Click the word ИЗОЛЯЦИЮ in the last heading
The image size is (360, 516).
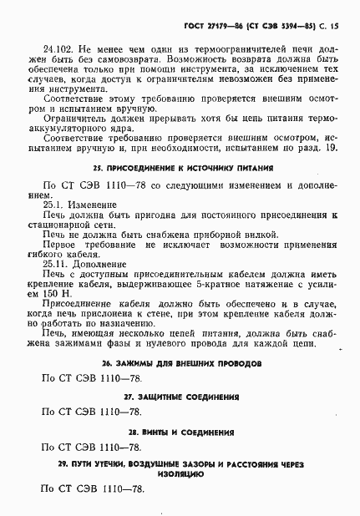pyautogui.click(x=180, y=472)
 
